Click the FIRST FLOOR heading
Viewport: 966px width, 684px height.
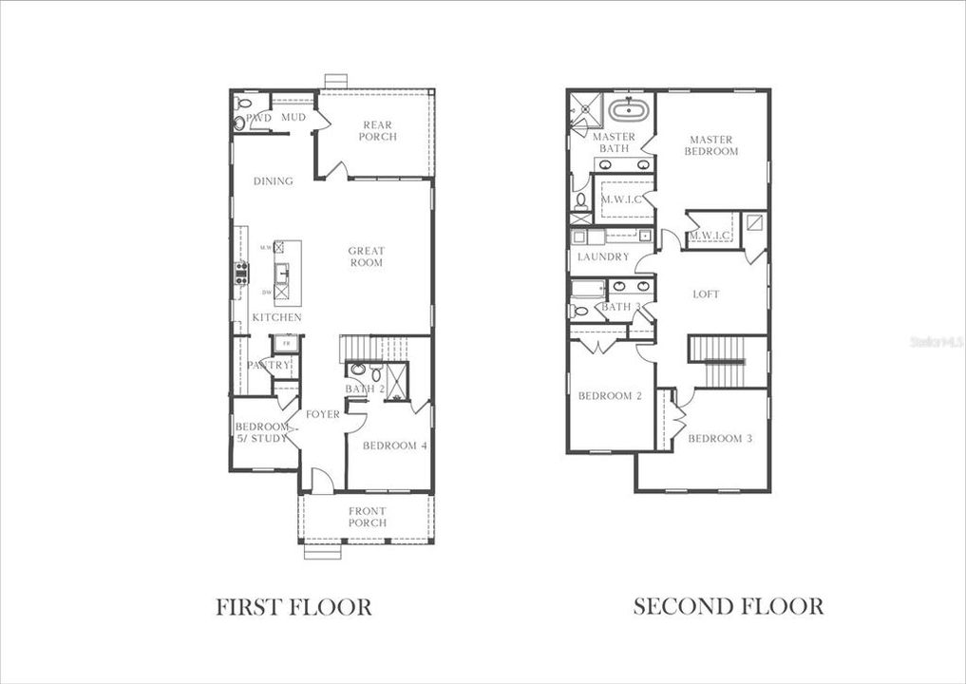coord(294,606)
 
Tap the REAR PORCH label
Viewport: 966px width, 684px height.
coord(377,131)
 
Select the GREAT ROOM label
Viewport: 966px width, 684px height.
coord(366,256)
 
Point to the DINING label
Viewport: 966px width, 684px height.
coord(273,180)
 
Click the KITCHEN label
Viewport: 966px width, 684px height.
coord(276,317)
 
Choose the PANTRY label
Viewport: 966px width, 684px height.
coord(268,365)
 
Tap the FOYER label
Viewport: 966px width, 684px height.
coord(323,414)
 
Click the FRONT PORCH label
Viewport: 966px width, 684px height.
coord(367,517)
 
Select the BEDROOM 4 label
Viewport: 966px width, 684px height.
coord(394,446)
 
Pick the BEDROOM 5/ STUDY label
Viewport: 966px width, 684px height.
coord(261,433)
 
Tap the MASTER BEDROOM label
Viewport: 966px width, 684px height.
coord(712,145)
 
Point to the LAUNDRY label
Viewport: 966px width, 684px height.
coord(603,256)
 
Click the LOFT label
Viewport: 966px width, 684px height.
coord(706,294)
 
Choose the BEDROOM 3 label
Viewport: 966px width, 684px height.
coord(713,438)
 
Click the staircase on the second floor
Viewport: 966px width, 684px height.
coord(727,361)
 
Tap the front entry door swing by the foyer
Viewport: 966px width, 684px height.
coord(322,483)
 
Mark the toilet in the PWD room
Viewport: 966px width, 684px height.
coord(239,123)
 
